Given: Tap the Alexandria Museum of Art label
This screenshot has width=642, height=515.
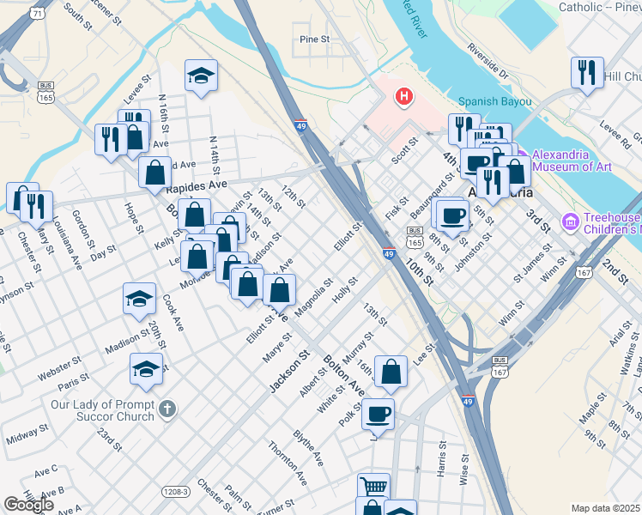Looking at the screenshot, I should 560,161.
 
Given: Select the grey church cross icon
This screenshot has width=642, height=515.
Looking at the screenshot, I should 168,409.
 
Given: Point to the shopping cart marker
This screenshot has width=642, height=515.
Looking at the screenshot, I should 373,487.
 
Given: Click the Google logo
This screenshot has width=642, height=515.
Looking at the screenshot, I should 28,505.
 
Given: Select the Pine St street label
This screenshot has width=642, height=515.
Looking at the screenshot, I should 315,39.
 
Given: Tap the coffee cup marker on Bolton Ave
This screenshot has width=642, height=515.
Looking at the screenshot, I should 378,415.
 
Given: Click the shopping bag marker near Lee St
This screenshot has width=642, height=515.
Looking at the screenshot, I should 391,372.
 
